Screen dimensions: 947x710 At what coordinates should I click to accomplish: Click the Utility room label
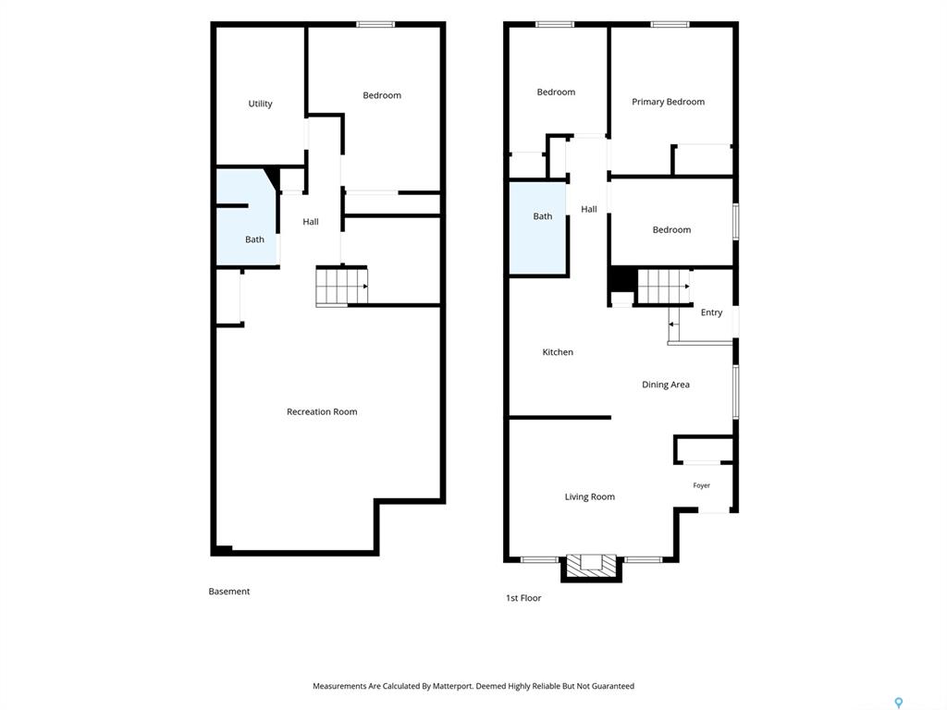tap(260, 104)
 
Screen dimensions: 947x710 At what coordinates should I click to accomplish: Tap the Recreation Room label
tap(322, 411)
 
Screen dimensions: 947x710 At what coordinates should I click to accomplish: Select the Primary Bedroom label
tap(668, 102)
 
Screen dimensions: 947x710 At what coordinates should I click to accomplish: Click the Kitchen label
tap(558, 352)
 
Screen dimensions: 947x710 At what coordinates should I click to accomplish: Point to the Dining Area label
tap(666, 385)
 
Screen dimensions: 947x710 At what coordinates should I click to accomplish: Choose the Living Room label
tap(589, 496)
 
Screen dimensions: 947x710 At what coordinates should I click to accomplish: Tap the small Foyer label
tap(701, 485)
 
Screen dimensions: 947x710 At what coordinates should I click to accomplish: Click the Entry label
tap(711, 312)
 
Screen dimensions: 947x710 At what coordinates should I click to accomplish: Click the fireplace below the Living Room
tap(591, 568)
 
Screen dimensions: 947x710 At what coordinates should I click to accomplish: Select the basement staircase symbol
tap(342, 287)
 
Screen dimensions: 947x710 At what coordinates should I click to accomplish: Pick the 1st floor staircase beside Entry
tap(664, 287)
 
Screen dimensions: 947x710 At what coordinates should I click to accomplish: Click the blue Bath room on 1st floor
tap(537, 228)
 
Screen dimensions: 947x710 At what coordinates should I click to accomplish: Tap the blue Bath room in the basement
tap(246, 217)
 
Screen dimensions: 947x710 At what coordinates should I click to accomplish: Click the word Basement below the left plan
tap(229, 592)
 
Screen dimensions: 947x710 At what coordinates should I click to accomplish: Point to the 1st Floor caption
tap(523, 598)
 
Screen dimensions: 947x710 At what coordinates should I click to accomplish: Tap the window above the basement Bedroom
tap(375, 25)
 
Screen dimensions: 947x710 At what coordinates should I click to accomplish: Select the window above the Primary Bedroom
tap(670, 25)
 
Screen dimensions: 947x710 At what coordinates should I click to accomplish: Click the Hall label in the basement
tap(311, 222)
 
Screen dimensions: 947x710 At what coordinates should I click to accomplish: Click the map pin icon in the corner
tap(899, 703)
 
